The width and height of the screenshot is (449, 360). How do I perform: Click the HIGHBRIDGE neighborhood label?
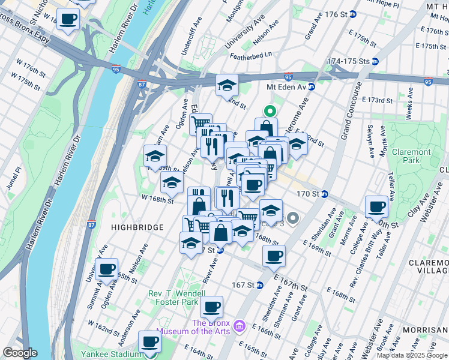(x=137, y=227)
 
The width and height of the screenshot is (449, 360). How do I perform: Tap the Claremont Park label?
(x=411, y=157)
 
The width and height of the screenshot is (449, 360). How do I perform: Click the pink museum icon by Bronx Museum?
(x=240, y=326)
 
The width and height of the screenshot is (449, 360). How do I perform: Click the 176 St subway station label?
(x=339, y=14)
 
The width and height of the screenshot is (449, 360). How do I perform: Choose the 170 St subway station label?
(x=312, y=194)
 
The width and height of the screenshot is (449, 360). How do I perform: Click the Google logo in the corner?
(x=20, y=353)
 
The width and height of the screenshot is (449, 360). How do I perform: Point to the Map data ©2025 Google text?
(x=412, y=355)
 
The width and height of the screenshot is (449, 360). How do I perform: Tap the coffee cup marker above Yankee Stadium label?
(x=150, y=342)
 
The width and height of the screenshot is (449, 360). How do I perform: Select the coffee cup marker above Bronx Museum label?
(x=211, y=307)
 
